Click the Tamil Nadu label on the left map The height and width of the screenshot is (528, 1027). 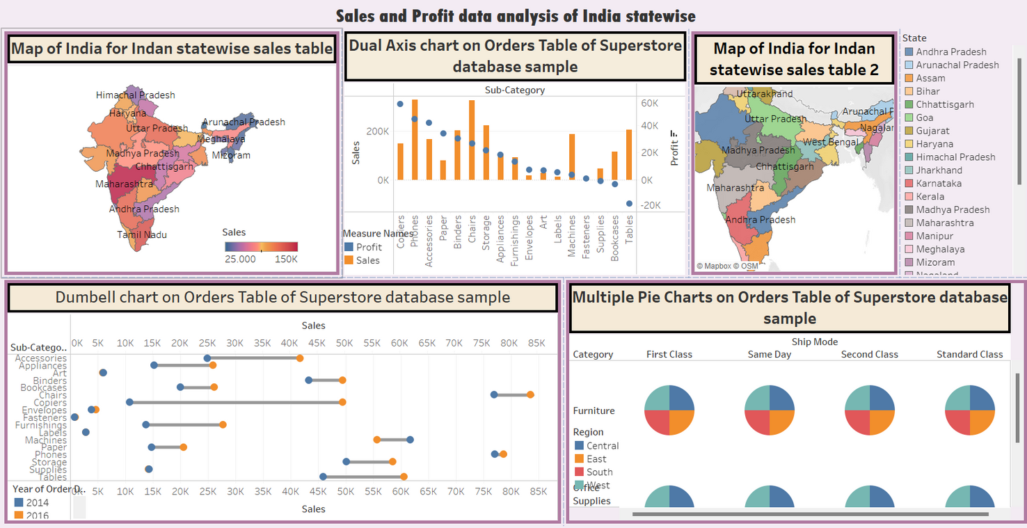click(x=142, y=235)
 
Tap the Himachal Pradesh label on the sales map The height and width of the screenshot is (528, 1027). click(x=136, y=95)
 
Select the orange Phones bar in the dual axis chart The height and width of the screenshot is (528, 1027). click(x=415, y=140)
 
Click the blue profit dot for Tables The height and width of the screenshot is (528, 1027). click(x=629, y=204)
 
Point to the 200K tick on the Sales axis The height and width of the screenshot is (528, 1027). click(x=377, y=131)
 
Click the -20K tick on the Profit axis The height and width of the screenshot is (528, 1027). click(x=651, y=205)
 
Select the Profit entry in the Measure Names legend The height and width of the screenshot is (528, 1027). click(x=369, y=247)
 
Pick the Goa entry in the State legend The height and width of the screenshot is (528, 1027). click(x=925, y=118)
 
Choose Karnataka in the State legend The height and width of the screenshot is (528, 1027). click(x=939, y=184)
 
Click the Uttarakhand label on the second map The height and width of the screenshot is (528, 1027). click(x=764, y=94)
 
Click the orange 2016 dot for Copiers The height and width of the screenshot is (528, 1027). click(x=342, y=402)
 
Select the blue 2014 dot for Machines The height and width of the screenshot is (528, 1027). click(x=410, y=440)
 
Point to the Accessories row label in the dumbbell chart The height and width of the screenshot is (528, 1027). click(x=41, y=358)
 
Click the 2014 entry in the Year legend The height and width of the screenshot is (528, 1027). click(x=37, y=502)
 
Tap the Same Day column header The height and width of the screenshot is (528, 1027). click(x=769, y=355)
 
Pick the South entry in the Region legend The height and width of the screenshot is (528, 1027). click(x=599, y=472)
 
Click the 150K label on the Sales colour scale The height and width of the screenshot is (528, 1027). click(x=286, y=259)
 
